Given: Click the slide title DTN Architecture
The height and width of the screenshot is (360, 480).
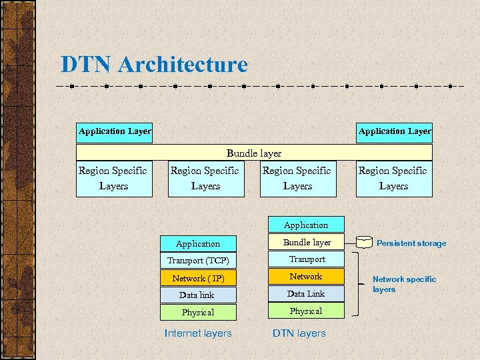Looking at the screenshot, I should click(154, 65).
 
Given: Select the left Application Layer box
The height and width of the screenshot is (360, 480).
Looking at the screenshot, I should click(115, 131).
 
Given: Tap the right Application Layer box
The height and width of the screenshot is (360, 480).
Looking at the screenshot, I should click(395, 131).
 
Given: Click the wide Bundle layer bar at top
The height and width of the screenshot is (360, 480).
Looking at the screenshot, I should click(254, 153).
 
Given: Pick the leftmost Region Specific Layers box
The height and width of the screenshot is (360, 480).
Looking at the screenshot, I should click(113, 179).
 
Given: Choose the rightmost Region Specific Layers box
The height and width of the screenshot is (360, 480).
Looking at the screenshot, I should click(393, 179).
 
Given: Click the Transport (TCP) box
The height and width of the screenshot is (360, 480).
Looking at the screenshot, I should click(198, 261).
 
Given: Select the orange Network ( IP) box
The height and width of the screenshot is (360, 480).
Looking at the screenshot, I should click(198, 278).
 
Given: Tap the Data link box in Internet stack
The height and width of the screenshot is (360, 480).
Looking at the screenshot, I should click(198, 295).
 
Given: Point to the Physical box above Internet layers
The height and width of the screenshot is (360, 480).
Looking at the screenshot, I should click(198, 312).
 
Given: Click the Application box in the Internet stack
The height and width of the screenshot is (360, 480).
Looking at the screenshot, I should click(198, 244).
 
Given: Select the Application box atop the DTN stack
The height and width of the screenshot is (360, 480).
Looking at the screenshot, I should click(306, 225).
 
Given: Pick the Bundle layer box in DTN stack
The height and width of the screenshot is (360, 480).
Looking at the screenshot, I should click(306, 242).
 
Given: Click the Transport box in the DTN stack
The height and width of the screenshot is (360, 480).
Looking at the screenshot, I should click(306, 259).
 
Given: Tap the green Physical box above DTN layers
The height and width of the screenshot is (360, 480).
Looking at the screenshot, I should click(306, 311).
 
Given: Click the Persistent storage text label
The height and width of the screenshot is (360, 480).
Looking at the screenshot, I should click(411, 243).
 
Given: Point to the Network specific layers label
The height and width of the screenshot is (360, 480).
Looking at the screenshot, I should click(404, 284).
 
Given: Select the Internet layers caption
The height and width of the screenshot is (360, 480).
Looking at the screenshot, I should click(198, 333).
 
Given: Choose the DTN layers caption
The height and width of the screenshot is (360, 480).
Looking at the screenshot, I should click(299, 333).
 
